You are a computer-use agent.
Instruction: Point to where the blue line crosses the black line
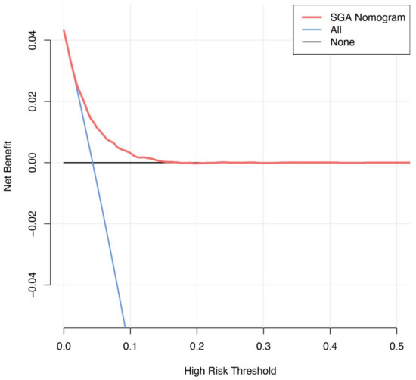pos(92,162)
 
